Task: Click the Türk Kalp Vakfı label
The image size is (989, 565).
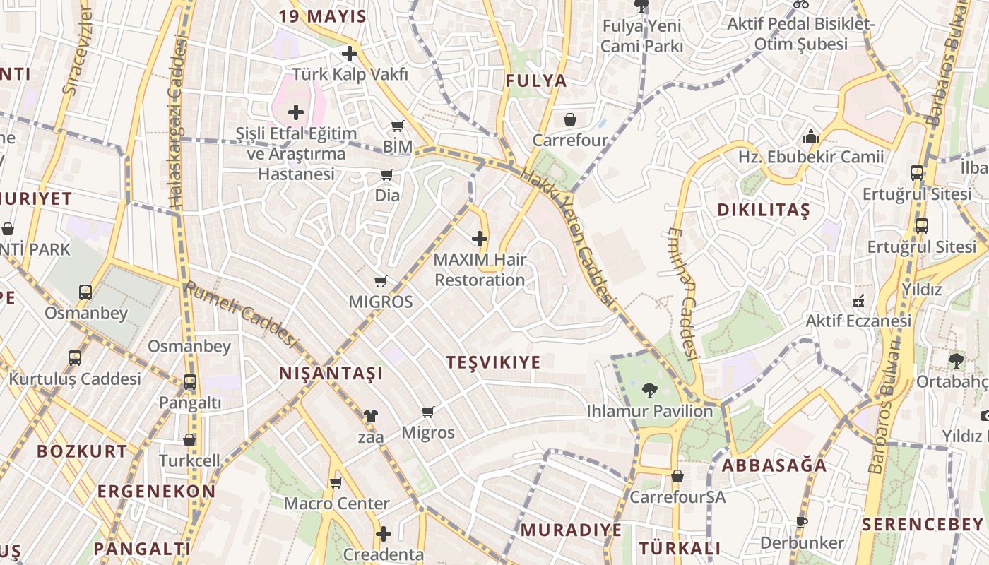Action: tap(350, 73)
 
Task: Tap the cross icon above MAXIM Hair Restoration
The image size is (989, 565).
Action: tap(480, 239)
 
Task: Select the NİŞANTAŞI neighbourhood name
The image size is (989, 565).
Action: tap(331, 374)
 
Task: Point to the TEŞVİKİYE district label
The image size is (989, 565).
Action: tap(493, 362)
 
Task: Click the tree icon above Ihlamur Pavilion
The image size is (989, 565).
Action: tap(649, 390)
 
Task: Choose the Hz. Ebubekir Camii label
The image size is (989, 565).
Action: tap(811, 157)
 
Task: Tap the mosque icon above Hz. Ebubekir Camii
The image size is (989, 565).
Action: tap(811, 136)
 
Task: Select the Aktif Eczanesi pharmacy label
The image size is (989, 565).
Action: tap(858, 321)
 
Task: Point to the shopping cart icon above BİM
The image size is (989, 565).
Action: tap(398, 126)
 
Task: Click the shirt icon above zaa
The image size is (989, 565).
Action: tap(370, 416)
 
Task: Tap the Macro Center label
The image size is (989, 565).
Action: tap(336, 504)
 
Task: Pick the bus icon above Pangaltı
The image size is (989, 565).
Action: tap(189, 382)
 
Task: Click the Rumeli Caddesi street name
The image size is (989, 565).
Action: tap(239, 314)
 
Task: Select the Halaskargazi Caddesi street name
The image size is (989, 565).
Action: tap(177, 124)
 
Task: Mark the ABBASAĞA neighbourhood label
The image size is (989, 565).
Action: tap(774, 465)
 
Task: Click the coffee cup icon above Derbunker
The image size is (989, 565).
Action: tap(801, 523)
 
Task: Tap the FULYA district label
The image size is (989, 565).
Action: tap(536, 81)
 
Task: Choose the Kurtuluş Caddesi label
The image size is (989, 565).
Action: tap(75, 379)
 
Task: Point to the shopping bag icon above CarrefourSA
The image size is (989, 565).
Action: tap(677, 476)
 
